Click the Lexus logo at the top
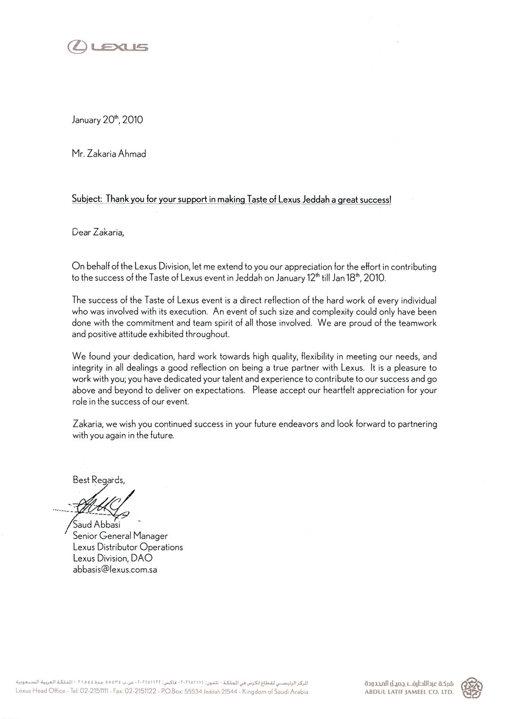108,47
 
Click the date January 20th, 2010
107,120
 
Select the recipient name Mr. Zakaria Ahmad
109,154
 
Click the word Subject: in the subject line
87,199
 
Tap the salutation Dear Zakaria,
98,232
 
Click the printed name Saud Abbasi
97,525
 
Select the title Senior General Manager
120,536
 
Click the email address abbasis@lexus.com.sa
115,570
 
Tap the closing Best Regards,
99,480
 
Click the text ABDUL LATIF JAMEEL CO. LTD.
409,693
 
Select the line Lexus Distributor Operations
127,547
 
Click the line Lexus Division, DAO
112,559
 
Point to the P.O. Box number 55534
192,692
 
